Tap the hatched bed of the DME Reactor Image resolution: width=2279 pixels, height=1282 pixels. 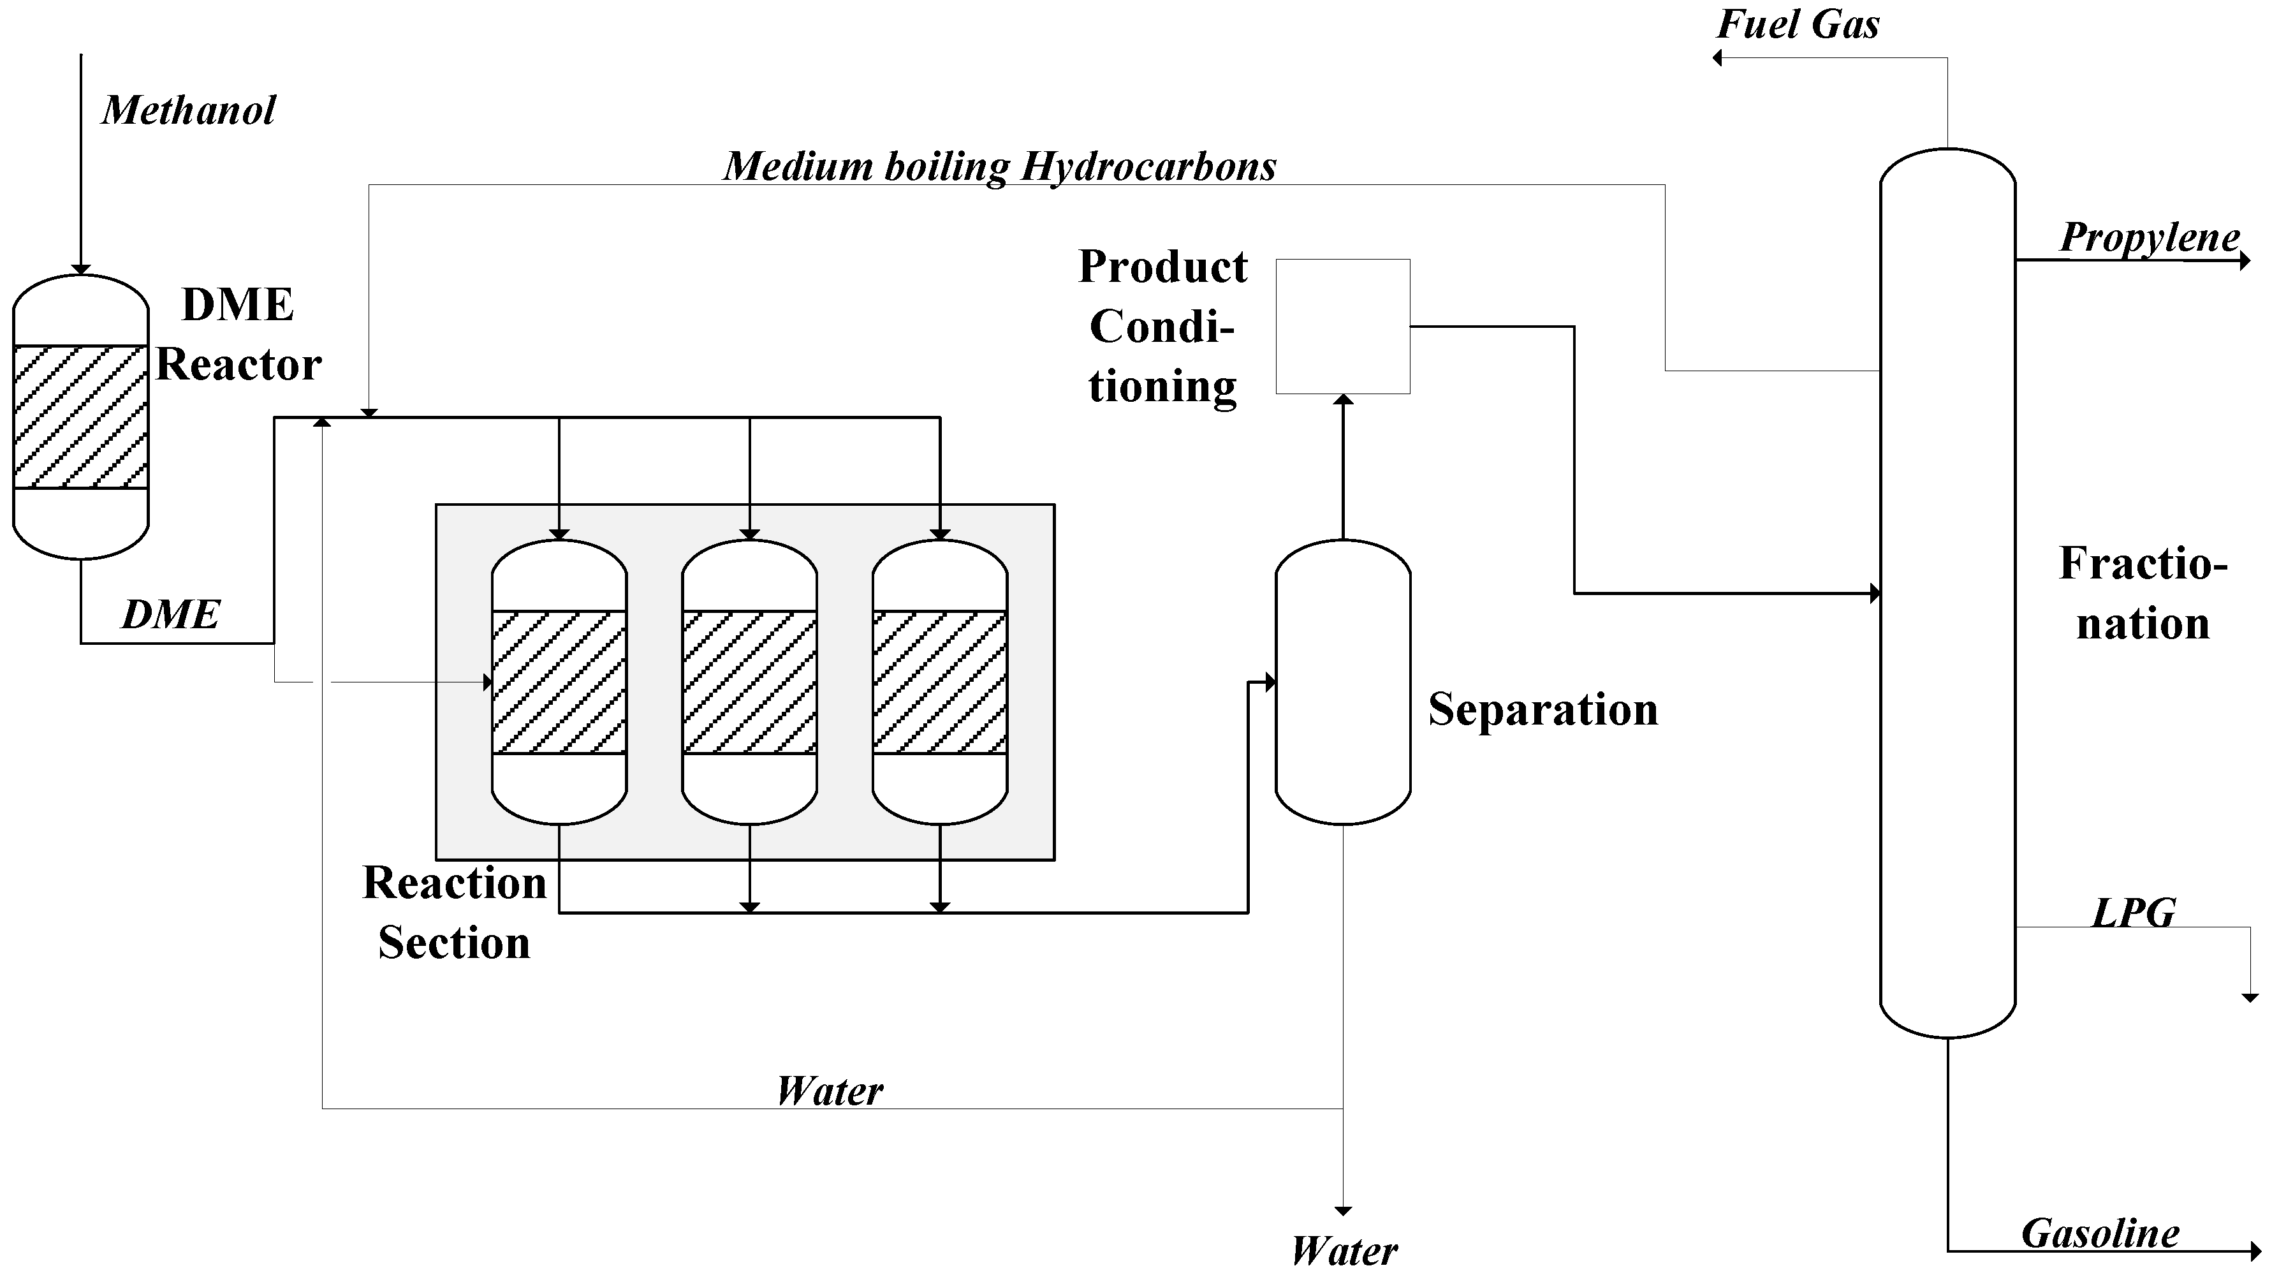(80, 416)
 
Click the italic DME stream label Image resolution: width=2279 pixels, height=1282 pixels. (170, 615)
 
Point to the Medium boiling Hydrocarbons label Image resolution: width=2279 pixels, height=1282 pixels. (1000, 166)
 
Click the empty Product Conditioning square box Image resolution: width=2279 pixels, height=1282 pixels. (1342, 327)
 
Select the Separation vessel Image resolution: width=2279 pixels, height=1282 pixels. (1342, 681)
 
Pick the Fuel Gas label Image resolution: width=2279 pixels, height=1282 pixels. (1798, 25)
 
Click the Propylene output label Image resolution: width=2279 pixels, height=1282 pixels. (2150, 237)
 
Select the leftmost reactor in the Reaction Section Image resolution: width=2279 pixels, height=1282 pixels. (559, 681)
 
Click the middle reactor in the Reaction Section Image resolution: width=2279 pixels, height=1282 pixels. (749, 681)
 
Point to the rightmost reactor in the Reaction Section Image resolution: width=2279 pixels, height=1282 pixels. (939, 681)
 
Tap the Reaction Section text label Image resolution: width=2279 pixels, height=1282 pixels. (455, 912)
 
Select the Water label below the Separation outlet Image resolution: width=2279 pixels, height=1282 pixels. (1343, 1251)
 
